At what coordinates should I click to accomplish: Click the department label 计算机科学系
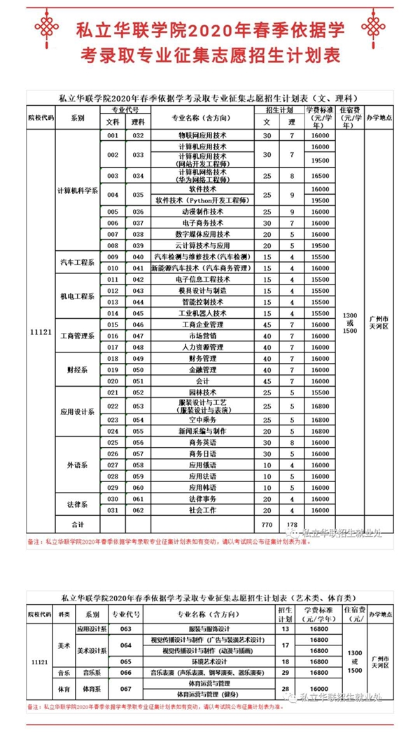click(x=77, y=191)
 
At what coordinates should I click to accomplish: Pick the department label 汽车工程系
click(x=77, y=262)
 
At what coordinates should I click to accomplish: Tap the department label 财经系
click(x=77, y=369)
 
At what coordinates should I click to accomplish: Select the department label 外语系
click(x=77, y=465)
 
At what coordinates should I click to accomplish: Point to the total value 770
click(x=266, y=523)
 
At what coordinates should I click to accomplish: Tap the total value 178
click(x=292, y=523)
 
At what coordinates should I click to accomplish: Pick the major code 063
click(x=126, y=628)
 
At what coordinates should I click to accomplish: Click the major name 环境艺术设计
click(x=208, y=662)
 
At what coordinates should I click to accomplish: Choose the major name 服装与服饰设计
click(x=208, y=628)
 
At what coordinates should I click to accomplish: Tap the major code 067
click(x=126, y=690)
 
